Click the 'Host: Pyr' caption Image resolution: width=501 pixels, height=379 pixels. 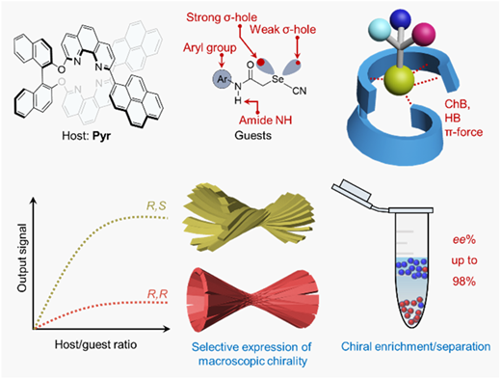tap(87, 135)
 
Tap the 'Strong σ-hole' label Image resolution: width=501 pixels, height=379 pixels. tap(222, 17)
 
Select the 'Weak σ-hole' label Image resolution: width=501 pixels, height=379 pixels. tap(283, 30)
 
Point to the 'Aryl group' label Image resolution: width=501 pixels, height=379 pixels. tap(210, 48)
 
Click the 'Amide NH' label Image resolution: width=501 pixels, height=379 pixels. tap(266, 121)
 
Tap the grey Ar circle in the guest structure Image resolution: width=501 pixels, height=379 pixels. tap(223, 79)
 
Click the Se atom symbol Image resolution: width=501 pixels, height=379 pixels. tap(278, 79)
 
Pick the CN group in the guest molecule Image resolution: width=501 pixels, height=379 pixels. tap(300, 91)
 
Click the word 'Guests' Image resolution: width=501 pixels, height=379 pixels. tap(253, 135)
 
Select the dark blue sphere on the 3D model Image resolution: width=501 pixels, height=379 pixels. tap(401, 19)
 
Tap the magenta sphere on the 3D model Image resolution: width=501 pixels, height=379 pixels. tap(424, 34)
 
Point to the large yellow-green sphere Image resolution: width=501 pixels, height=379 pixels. tap(399, 80)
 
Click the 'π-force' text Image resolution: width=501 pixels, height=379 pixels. tap(463, 132)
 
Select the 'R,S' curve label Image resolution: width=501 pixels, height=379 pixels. tap(156, 205)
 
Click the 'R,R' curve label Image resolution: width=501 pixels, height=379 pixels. tap(157, 294)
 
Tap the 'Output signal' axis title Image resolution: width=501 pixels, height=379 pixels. tap(22, 257)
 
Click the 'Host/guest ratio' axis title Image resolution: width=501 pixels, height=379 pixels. tap(95, 344)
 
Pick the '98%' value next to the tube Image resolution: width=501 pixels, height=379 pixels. tap(464, 282)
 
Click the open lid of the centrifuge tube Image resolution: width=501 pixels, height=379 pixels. tap(352, 191)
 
